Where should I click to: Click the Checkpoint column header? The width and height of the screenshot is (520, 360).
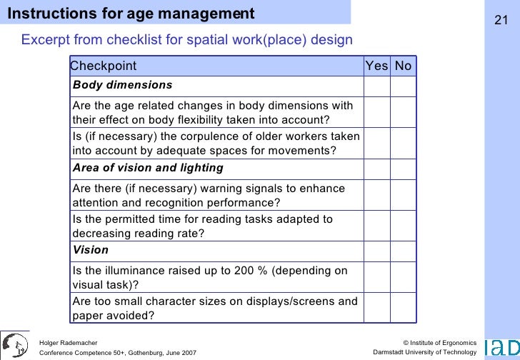tap(104, 66)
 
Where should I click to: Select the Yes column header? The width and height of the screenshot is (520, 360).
tap(376, 66)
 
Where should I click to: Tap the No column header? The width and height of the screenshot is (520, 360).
tap(403, 66)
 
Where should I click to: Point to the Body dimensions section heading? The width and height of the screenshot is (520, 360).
tap(122, 85)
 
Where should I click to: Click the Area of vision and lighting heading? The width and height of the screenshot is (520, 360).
tap(148, 168)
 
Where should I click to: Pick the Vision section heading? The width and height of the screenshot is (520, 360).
tap(91, 250)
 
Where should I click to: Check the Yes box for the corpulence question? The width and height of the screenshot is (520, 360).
tap(376, 143)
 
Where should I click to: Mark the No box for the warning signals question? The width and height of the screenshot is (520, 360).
tap(403, 195)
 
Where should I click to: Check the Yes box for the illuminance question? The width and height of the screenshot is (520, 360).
tap(376, 277)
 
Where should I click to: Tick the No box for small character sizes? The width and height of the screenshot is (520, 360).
tap(403, 308)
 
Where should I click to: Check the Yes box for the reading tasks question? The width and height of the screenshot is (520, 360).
tap(376, 226)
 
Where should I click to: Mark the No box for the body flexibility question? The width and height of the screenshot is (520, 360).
tap(403, 112)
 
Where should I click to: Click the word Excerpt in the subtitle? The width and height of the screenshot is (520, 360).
tap(44, 39)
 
